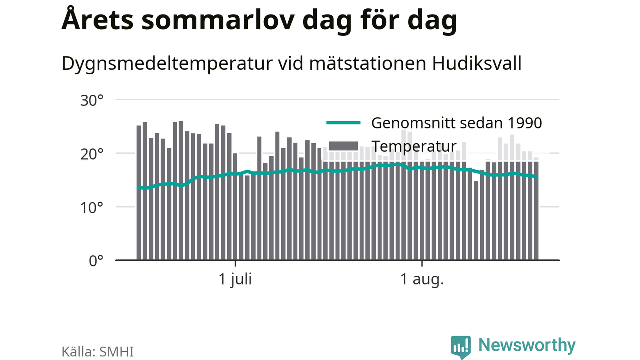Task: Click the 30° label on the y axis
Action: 92,101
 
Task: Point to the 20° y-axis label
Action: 92,154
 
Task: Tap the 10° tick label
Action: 92,208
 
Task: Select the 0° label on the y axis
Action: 96,261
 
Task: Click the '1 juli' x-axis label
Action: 235,279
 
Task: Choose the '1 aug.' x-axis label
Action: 422,279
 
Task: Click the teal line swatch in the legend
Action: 343,123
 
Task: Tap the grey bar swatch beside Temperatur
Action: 343,146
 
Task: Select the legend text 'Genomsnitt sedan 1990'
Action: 456,123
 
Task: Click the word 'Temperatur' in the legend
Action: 414,146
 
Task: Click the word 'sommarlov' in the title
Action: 218,21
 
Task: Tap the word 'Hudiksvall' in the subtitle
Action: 477,63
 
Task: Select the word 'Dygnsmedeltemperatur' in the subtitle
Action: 167,64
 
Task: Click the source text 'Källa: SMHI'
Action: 97,351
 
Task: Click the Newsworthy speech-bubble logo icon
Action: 461,347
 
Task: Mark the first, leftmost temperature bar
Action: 139,193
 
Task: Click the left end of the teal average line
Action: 138,187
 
